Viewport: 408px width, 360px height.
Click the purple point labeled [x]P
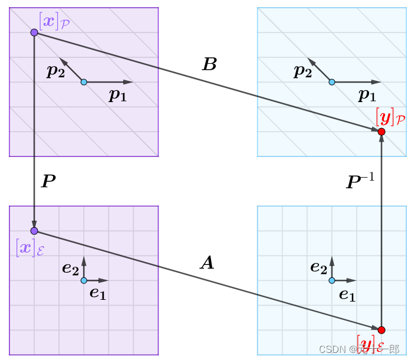click(34, 32)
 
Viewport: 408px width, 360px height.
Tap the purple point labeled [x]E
click(34, 231)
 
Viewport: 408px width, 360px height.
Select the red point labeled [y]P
click(381, 132)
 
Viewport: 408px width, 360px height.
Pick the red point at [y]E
click(381, 330)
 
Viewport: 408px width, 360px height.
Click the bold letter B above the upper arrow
click(209, 65)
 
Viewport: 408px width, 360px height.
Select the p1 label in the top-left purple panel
click(117, 96)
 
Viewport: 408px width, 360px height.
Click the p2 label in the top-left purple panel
click(56, 72)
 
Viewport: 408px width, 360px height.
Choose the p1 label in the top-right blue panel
click(367, 95)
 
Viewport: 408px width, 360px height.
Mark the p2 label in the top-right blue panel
click(303, 72)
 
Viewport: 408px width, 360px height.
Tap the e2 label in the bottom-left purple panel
click(70, 269)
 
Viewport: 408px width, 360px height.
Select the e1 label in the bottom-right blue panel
click(347, 294)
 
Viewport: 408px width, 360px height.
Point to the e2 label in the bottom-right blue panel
click(318, 269)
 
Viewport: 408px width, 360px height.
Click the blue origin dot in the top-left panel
click(84, 82)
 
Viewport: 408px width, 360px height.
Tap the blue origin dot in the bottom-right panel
click(332, 280)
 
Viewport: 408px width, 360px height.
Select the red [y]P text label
click(390, 117)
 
